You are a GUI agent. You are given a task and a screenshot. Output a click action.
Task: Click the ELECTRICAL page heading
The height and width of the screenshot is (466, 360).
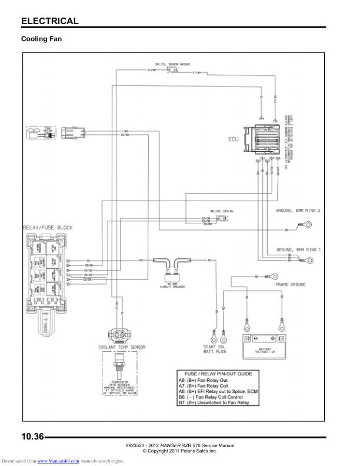49,21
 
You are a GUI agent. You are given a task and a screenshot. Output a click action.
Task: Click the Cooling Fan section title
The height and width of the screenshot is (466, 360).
42,39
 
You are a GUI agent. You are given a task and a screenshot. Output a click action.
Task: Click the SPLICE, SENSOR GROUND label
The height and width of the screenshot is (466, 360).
173,63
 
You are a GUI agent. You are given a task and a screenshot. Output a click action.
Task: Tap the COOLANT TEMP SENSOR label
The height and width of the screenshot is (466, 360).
122,348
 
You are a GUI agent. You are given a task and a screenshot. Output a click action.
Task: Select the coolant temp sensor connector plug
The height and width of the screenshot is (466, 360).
121,334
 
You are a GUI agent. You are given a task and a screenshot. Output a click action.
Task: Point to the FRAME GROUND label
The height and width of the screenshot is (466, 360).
291,284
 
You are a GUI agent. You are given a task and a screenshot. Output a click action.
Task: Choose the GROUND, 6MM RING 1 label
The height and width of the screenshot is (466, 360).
299,250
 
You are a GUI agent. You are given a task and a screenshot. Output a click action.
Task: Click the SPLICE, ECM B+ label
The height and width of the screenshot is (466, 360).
221,210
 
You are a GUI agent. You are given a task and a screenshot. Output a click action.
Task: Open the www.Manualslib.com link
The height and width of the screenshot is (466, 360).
62,461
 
